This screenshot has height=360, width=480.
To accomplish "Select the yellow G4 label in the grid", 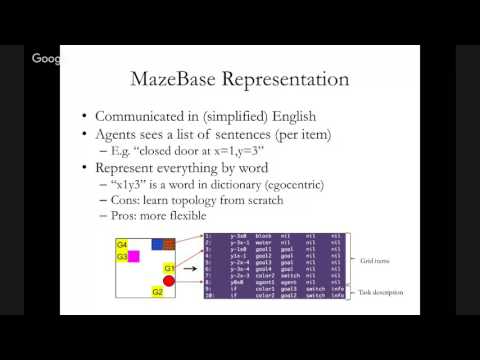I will coord(122,244).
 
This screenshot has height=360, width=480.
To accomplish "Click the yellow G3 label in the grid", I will coord(122,257).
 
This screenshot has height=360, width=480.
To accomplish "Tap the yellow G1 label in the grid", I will coord(169,268).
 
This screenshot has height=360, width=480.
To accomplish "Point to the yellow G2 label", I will coord(157,292).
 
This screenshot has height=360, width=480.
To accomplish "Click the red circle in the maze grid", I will coord(169,281).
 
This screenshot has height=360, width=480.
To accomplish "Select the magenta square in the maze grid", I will coord(133,257).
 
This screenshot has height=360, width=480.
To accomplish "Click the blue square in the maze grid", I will coord(157,244).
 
